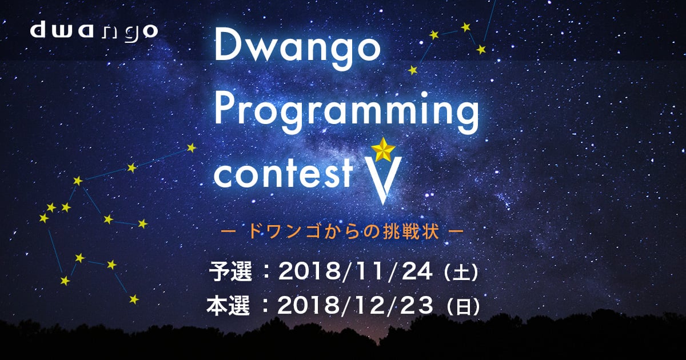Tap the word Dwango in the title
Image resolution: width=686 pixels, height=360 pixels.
click(297, 50)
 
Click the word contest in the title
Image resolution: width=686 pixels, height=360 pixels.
click(284, 173)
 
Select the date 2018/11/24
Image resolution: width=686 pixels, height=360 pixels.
click(355, 271)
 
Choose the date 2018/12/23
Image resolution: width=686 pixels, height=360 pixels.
click(355, 306)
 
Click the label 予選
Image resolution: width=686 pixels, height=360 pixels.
click(230, 271)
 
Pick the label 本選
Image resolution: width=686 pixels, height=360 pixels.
click(228, 306)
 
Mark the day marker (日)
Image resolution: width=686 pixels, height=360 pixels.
click(463, 307)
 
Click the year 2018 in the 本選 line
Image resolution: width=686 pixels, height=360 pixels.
click(309, 306)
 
